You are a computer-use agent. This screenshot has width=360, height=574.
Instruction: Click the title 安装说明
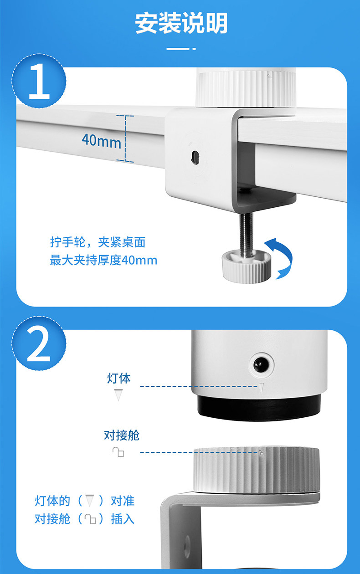[x=181, y=23]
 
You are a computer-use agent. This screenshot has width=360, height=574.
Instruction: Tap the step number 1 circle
[x=39, y=81]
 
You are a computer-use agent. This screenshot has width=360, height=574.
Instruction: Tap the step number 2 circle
[x=39, y=343]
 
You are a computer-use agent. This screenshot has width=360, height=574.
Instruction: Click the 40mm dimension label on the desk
[x=102, y=141]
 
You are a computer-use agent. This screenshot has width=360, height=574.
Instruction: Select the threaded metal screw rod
[x=246, y=234]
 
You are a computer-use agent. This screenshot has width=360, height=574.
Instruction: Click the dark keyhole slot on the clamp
[x=195, y=157]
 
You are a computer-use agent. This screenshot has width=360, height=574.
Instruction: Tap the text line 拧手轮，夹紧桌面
[x=98, y=242]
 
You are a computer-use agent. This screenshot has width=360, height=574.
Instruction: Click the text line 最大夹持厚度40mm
[x=103, y=261]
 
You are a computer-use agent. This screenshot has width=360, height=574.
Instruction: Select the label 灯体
[x=119, y=378]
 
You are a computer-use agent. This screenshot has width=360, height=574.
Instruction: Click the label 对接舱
[x=122, y=435]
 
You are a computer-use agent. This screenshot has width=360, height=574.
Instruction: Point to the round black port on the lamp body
[x=262, y=364]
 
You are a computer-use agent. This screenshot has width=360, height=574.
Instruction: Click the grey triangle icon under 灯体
[x=118, y=395]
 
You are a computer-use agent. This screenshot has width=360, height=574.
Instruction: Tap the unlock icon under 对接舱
[x=118, y=452]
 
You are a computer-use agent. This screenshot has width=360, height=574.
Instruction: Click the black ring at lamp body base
[x=259, y=408]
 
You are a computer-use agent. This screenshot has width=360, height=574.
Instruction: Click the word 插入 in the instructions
[x=123, y=519]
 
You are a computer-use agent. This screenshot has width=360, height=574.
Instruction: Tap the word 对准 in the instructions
[x=123, y=501]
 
